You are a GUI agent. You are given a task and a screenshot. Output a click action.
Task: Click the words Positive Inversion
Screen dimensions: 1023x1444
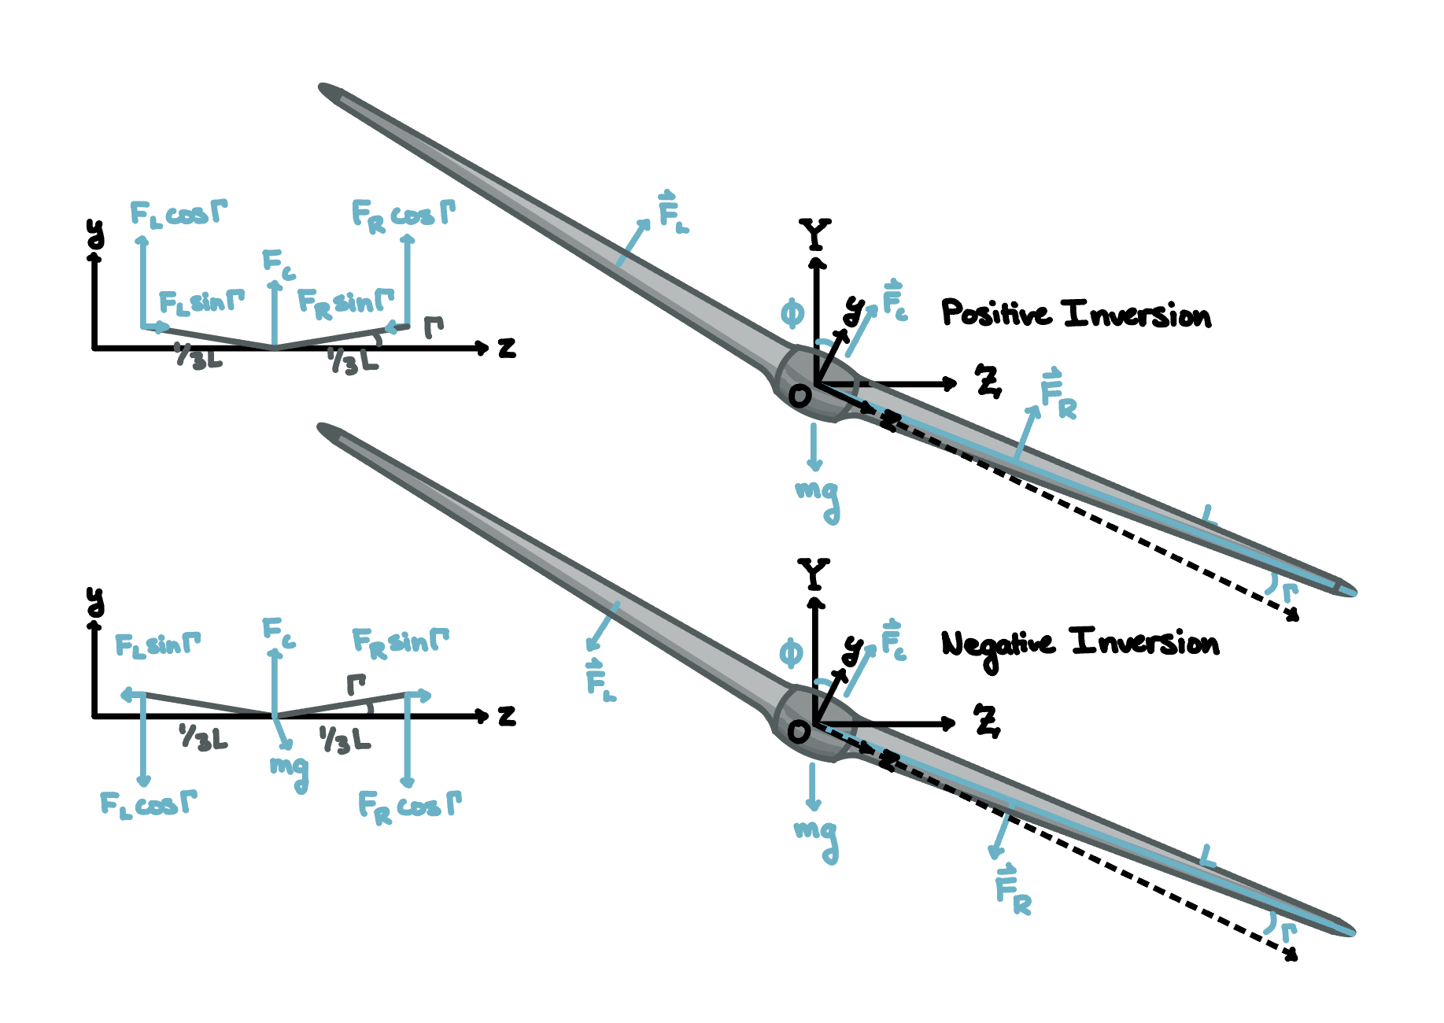pyautogui.click(x=1076, y=314)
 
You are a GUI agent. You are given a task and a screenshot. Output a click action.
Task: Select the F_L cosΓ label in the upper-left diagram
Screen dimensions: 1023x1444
pyautogui.click(x=178, y=213)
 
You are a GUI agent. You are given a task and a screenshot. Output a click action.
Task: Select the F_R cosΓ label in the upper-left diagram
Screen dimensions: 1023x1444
pyautogui.click(x=402, y=215)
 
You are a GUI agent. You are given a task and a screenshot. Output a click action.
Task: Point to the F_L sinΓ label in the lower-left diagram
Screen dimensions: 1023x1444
pyautogui.click(x=157, y=645)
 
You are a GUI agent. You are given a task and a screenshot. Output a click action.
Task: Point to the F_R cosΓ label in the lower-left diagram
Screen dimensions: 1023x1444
pyautogui.click(x=408, y=807)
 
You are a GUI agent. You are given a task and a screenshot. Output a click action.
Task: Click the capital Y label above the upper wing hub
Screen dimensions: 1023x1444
pyautogui.click(x=814, y=235)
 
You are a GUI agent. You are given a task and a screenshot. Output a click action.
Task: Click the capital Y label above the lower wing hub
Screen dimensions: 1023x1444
pyautogui.click(x=814, y=574)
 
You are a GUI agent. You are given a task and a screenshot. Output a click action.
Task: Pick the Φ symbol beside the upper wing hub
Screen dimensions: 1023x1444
pyautogui.click(x=792, y=314)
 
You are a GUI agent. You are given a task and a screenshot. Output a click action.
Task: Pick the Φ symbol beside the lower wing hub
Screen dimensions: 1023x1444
pyautogui.click(x=791, y=653)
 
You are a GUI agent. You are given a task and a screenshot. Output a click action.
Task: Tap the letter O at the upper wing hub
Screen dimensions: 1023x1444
pyautogui.click(x=800, y=396)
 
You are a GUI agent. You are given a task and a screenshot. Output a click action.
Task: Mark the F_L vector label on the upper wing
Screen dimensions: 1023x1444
pyautogui.click(x=672, y=212)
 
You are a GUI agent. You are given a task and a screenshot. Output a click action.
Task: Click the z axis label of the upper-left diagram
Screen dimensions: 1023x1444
pyautogui.click(x=508, y=348)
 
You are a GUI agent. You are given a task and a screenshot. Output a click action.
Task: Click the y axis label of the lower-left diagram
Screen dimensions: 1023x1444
pyautogui.click(x=94, y=602)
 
